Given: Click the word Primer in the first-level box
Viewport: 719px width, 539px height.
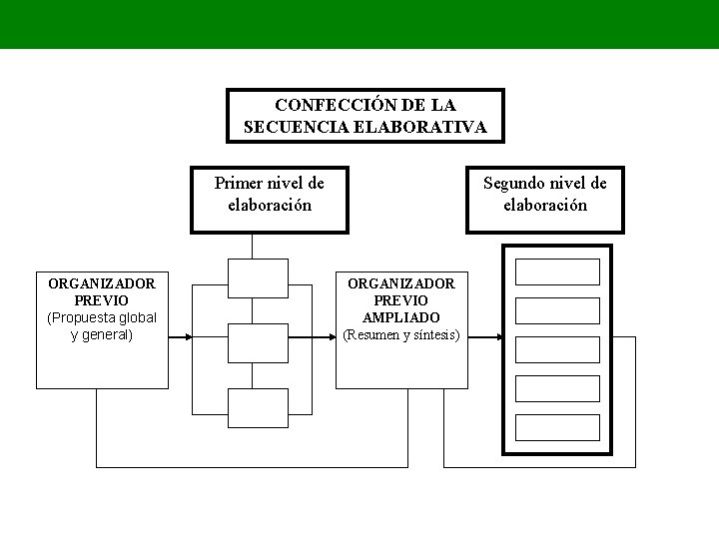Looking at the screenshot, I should pos(238,183).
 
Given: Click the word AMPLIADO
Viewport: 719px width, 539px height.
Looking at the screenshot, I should pos(401,317).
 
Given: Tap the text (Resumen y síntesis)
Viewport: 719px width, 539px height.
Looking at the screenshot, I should pos(401,335).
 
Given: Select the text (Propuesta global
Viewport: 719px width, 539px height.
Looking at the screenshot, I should pos(102,317).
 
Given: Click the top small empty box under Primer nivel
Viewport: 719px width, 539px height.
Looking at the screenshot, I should pos(258,277).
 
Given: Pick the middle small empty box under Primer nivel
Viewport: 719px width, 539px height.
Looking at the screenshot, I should pos(258,342).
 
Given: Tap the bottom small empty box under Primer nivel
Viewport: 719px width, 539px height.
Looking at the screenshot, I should pos(258,407).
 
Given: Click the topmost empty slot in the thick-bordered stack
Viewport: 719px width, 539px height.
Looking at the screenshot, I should pos(557,271).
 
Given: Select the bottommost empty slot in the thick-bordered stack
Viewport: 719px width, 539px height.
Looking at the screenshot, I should pos(557,427).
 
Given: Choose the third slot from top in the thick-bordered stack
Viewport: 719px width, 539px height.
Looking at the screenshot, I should pos(557,349).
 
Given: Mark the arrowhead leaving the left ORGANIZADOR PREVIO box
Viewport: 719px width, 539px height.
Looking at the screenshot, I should pos(186,337).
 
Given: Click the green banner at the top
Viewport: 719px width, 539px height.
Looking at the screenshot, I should pos(359,24).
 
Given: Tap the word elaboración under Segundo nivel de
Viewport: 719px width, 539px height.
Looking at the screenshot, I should pos(545,205).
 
